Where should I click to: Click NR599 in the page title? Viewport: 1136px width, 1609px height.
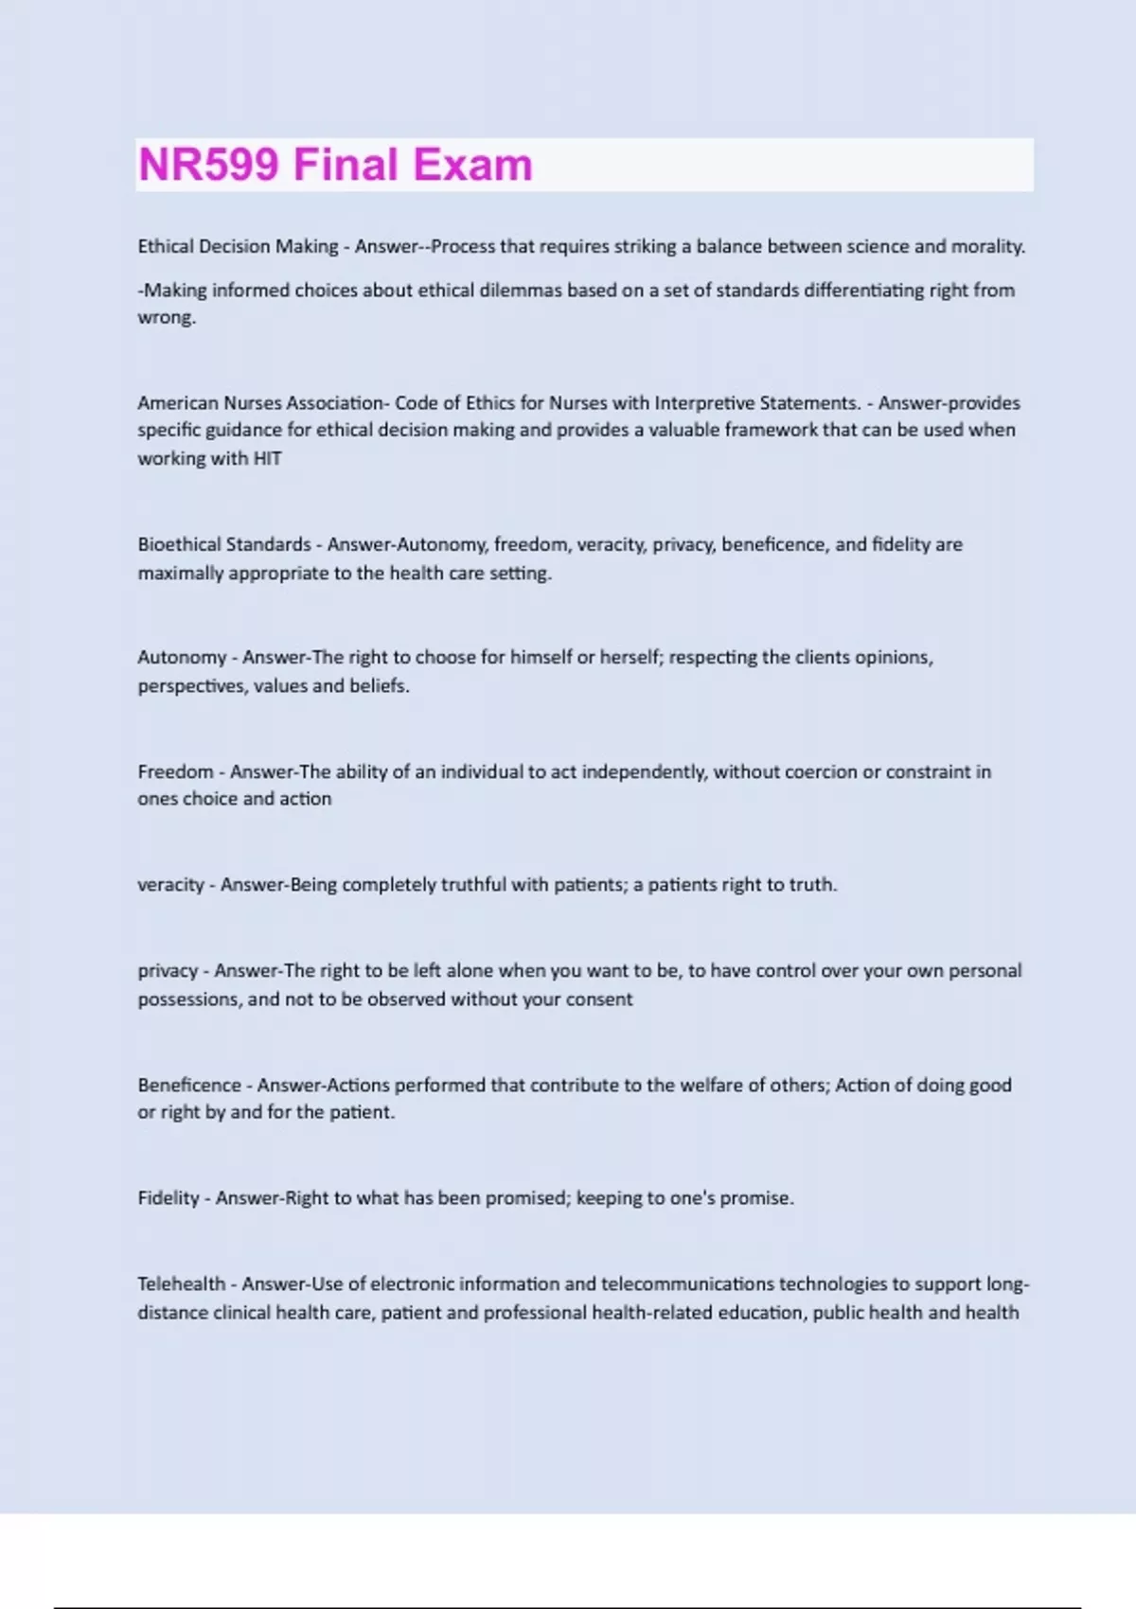(209, 165)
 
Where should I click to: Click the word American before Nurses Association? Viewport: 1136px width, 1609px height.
(178, 403)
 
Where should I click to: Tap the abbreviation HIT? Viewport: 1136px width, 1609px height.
(267, 459)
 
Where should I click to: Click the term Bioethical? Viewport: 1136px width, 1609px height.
(177, 545)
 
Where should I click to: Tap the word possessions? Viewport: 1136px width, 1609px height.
(189, 999)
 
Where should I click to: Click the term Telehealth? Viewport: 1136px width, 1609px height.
(182, 1284)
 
